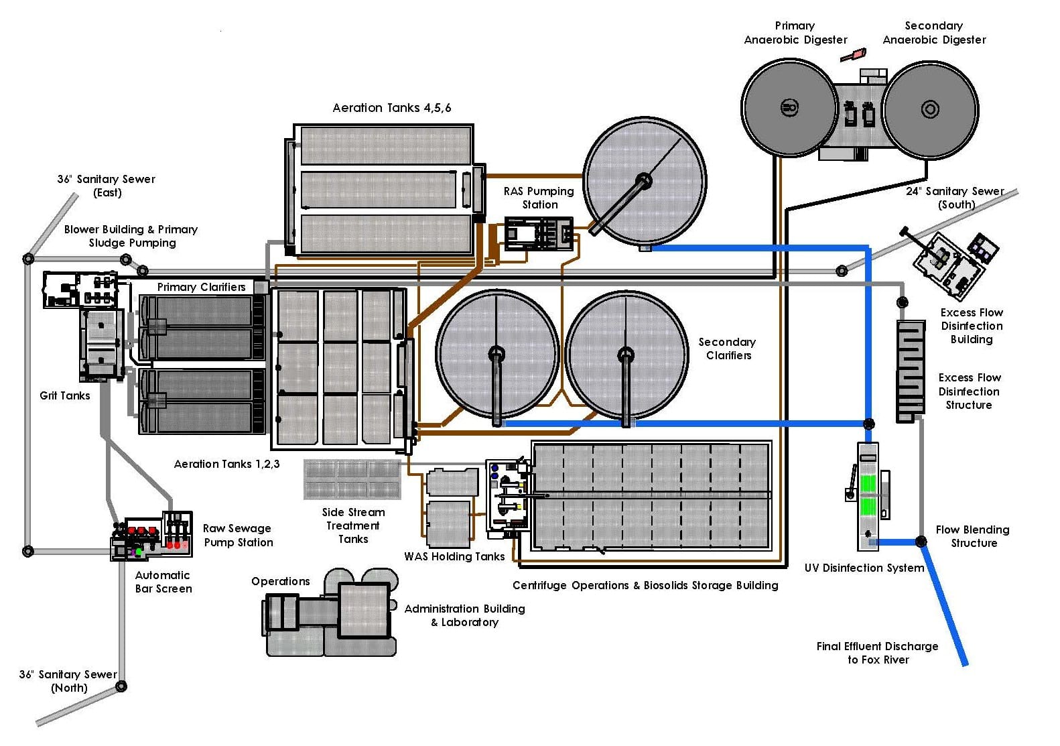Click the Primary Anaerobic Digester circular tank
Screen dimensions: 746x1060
[789, 107]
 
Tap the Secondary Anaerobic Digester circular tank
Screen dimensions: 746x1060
[930, 109]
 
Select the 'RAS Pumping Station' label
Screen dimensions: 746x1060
[539, 198]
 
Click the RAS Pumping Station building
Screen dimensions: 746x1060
[538, 234]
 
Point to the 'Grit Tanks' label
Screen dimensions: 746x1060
[64, 395]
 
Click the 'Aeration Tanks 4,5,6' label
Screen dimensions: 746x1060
[392, 108]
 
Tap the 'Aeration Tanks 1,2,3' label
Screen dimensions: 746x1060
[226, 464]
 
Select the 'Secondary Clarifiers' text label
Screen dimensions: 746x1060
[727, 349]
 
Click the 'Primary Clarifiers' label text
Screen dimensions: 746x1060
[201, 287]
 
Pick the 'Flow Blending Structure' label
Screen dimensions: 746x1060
[973, 536]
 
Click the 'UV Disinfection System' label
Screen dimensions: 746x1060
[864, 568]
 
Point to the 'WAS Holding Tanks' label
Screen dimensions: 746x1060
[454, 556]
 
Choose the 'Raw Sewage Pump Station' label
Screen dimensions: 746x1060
[238, 536]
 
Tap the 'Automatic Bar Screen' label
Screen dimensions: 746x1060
[163, 582]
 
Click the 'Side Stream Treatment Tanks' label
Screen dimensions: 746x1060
[353, 525]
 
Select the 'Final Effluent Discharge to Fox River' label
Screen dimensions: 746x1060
[877, 653]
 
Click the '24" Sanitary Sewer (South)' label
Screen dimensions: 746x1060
[955, 198]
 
